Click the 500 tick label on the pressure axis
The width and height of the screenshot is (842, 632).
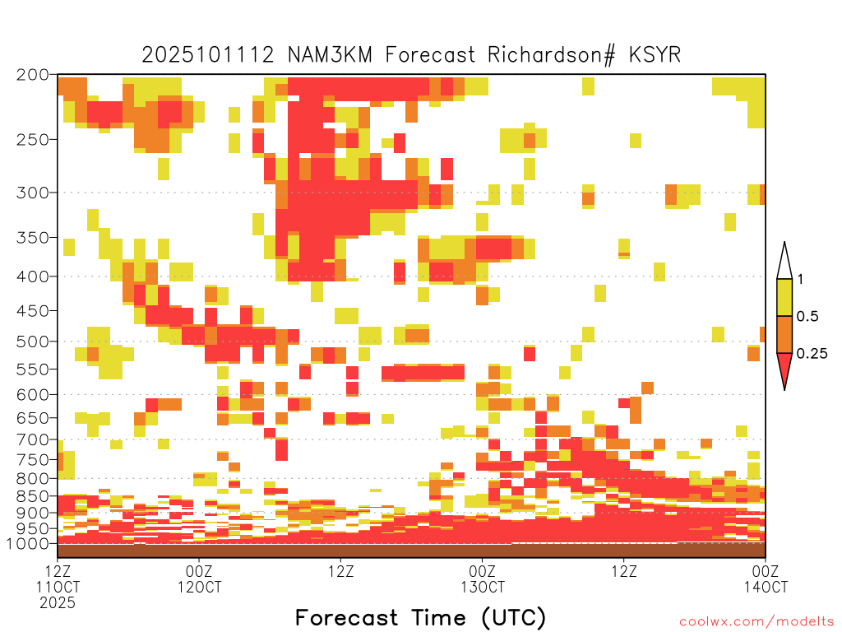[x=33, y=342]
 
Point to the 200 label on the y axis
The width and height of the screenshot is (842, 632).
[x=33, y=75]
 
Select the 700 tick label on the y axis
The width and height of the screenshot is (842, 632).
[x=33, y=440]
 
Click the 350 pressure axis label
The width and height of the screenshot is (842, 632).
[x=33, y=238]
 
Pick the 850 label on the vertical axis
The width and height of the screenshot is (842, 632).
[x=33, y=496]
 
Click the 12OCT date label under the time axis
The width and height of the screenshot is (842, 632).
[x=199, y=587]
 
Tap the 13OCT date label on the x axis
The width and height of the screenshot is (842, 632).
[x=482, y=587]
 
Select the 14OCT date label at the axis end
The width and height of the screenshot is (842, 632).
[x=766, y=587]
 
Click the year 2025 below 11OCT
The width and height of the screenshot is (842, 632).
[x=58, y=603]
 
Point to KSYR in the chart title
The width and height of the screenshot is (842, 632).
[x=655, y=55]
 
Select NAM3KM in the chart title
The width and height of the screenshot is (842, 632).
[x=330, y=55]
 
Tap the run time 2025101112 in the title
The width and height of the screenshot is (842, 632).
[x=208, y=55]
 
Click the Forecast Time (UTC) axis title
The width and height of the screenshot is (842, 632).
[x=420, y=618]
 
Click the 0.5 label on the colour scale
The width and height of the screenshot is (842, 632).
[x=807, y=317]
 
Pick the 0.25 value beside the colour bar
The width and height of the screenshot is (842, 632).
[x=812, y=354]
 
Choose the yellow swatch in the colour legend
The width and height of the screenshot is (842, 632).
[x=784, y=297]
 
